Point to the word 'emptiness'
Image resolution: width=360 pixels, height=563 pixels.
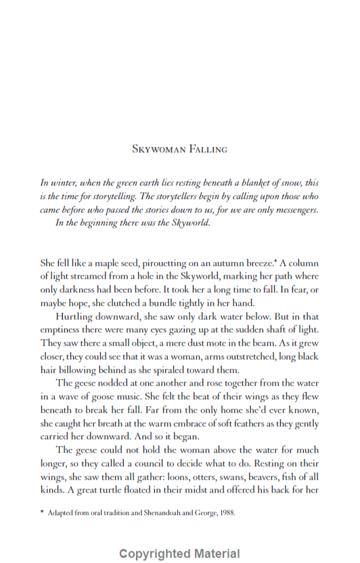[x=64, y=330]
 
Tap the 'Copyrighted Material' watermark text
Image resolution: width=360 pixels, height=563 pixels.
[x=179, y=554]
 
